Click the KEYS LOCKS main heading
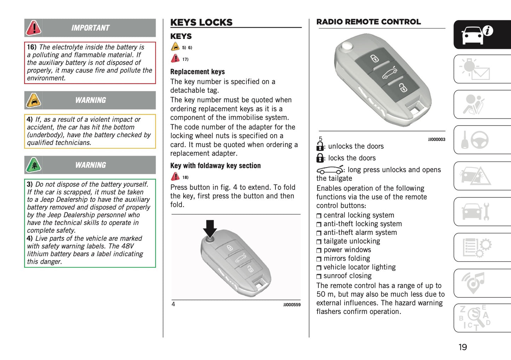coord(201,22)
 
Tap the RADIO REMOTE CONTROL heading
coord(368,22)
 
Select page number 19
coord(463,347)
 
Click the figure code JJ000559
coord(292,305)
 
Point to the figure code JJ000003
coord(436,140)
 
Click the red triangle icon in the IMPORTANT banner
coord(34,28)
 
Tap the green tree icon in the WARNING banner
coord(34,165)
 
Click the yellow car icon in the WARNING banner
coord(34,100)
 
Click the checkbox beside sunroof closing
coord(319,277)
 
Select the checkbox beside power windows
coord(319,250)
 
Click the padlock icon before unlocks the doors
coord(320,146)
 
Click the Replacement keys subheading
coord(197,72)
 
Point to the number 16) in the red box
coord(32,47)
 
